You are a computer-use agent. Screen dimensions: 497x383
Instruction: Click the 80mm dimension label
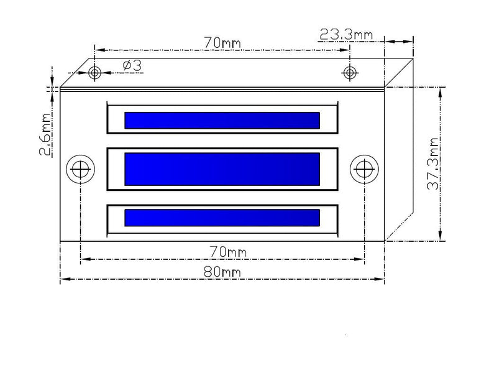click(x=222, y=272)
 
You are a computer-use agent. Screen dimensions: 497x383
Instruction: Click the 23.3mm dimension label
click(x=346, y=34)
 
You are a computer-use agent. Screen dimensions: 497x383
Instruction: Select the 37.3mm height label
click(x=433, y=164)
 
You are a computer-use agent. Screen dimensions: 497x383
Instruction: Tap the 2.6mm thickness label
click(x=45, y=134)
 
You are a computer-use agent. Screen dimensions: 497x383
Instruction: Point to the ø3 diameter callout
click(x=132, y=66)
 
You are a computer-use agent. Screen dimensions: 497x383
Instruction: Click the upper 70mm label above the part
click(x=222, y=42)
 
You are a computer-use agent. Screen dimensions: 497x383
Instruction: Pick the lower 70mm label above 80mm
click(x=227, y=252)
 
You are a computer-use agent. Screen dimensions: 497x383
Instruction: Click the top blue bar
click(x=222, y=120)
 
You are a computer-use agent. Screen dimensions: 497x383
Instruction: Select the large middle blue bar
click(x=222, y=169)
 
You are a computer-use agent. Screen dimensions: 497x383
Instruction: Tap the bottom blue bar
click(x=222, y=218)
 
